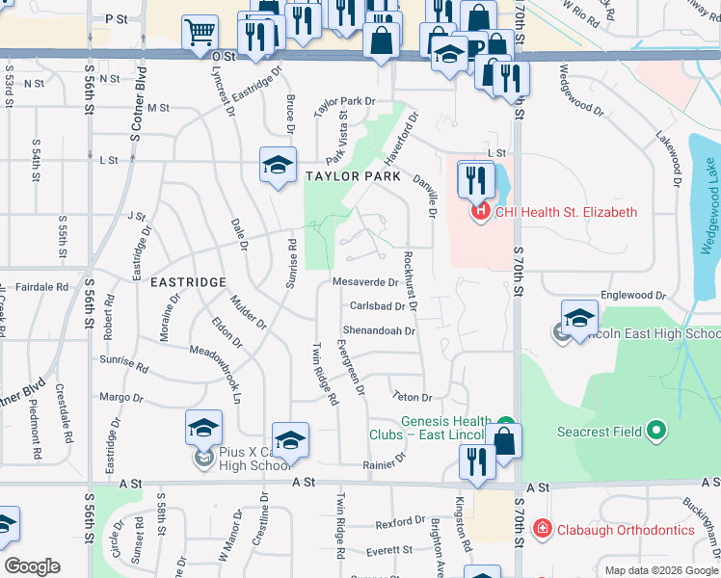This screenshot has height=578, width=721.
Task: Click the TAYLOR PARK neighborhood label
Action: pyautogui.click(x=353, y=177)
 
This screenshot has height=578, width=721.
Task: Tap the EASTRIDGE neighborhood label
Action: pyautogui.click(x=188, y=282)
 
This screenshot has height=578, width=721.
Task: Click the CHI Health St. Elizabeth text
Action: pyautogui.click(x=566, y=212)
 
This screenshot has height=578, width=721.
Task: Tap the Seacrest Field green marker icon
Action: pyautogui.click(x=658, y=431)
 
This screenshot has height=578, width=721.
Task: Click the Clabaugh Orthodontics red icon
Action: pyautogui.click(x=542, y=529)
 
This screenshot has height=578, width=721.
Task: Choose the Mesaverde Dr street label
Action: pyautogui.click(x=364, y=283)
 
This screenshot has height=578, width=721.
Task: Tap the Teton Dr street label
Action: pyautogui.click(x=413, y=396)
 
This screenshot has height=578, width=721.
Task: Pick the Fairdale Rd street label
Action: pyautogui.click(x=41, y=287)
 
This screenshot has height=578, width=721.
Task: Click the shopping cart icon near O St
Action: pyautogui.click(x=200, y=31)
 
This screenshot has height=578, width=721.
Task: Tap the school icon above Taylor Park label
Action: pyautogui.click(x=278, y=166)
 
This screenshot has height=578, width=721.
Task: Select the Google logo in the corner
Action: pyautogui.click(x=34, y=566)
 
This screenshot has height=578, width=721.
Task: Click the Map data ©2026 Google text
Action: pyautogui.click(x=660, y=570)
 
